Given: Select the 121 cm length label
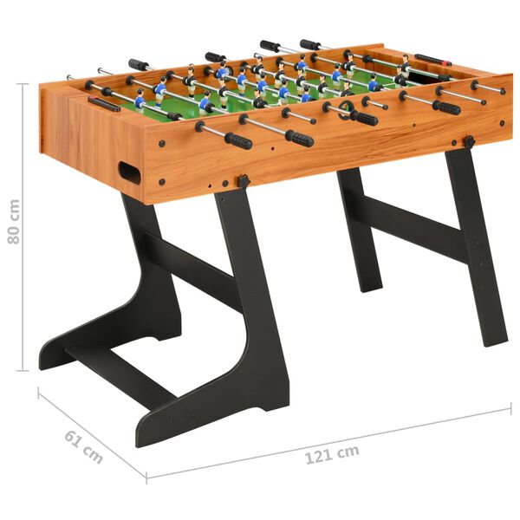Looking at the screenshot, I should click(332, 452).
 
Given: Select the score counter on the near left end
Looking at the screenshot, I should click(103, 103).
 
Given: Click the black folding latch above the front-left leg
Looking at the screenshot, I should click(244, 182).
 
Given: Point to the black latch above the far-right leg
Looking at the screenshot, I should click(469, 141).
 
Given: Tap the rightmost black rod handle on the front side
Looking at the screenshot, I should click(446, 107).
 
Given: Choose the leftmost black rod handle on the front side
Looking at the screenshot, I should click(237, 140).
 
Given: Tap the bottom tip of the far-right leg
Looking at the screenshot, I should click(496, 340).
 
